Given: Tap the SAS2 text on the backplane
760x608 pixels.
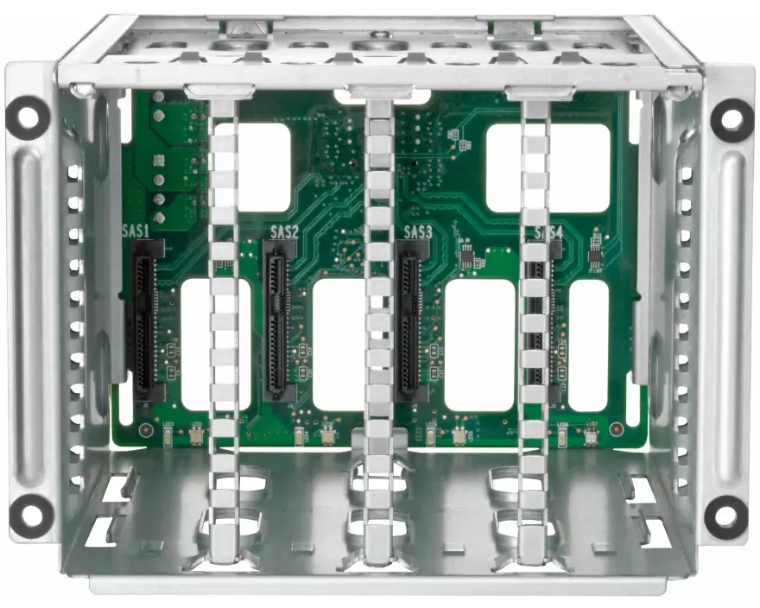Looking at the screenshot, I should tap(284, 232).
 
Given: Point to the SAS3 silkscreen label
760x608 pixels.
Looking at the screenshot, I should tap(418, 232).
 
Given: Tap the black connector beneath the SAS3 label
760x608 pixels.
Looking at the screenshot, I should tap(407, 320).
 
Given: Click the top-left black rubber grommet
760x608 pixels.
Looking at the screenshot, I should tap(28, 117).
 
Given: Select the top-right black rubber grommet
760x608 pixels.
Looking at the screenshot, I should tap(731, 119).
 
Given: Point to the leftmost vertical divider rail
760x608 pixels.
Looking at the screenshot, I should tap(224, 328).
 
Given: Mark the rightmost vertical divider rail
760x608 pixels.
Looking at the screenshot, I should tap(534, 328).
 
